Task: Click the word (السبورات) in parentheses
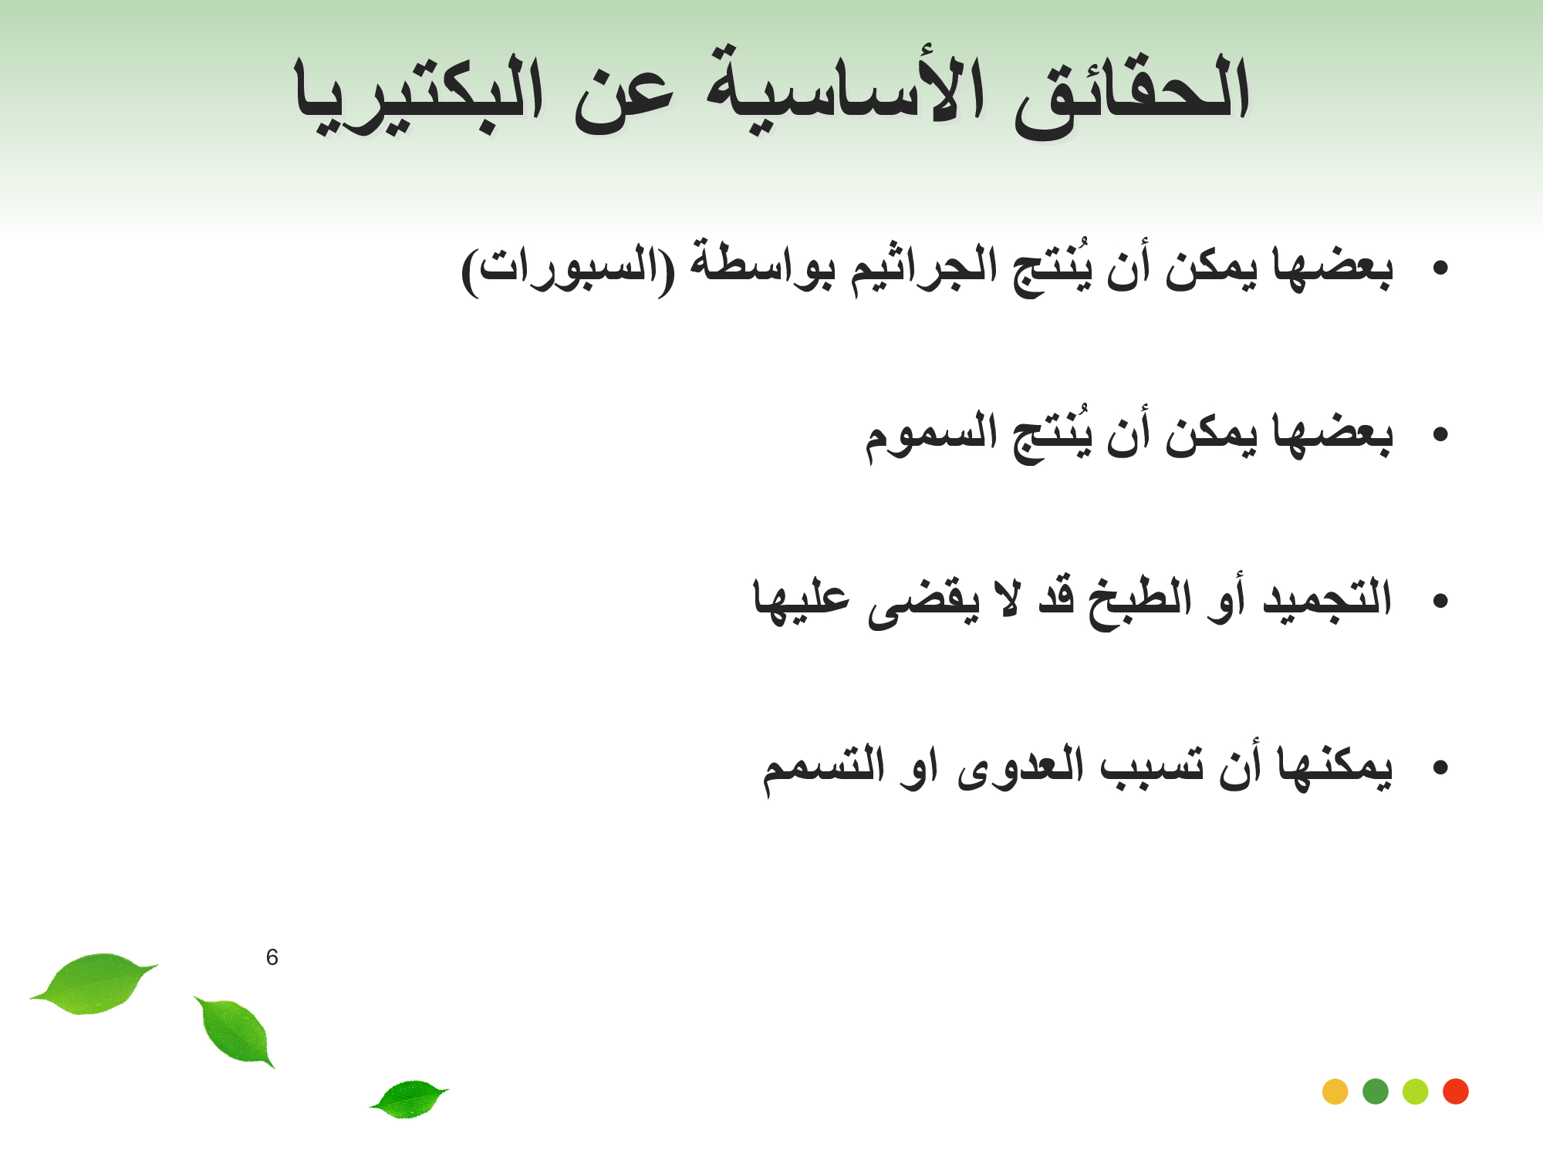[x=568, y=270]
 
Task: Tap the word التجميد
[x=1327, y=599]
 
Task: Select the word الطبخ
[x=1140, y=602]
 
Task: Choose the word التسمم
[x=823, y=768]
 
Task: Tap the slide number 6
[x=272, y=957]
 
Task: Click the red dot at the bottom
[x=1455, y=1091]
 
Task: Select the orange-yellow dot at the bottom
[x=1335, y=1091]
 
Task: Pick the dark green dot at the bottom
[x=1375, y=1091]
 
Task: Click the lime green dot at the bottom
[x=1415, y=1091]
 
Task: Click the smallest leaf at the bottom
[x=410, y=1098]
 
